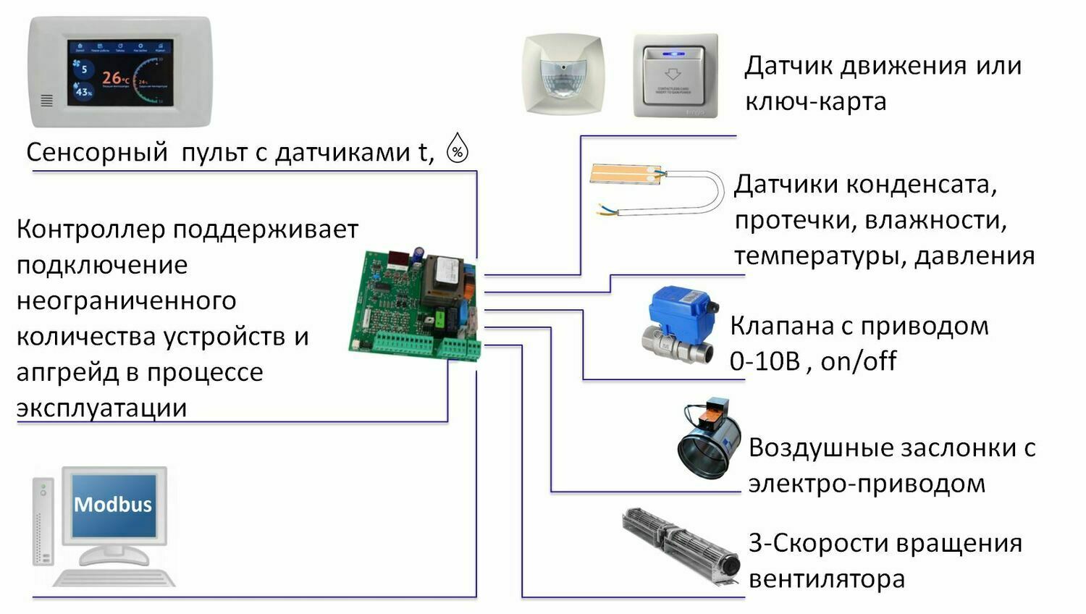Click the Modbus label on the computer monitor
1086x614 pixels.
pos(113,504)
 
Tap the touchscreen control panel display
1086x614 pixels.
pos(120,72)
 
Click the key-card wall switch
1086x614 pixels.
pos(675,75)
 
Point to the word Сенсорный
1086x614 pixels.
pos(97,152)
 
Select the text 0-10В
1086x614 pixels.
pos(765,361)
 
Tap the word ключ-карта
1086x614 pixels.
pos(815,101)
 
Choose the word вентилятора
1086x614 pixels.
pos(826,579)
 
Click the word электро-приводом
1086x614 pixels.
pos(866,483)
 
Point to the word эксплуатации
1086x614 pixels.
pos(101,408)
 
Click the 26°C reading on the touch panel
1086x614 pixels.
pos(115,77)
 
